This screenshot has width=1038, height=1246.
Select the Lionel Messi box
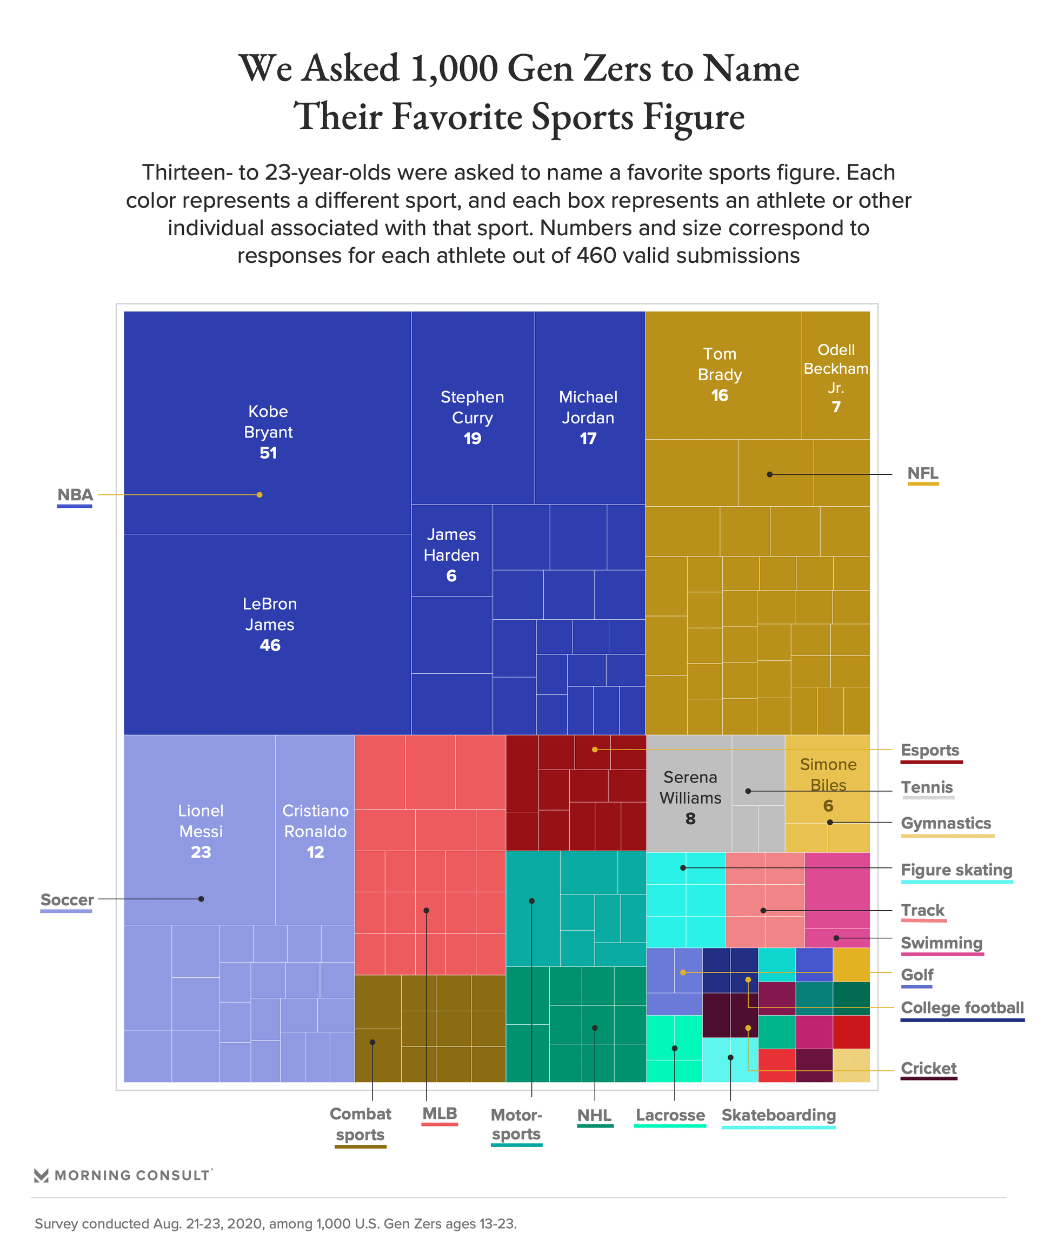click(201, 831)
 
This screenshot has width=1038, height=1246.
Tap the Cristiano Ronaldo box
click(315, 831)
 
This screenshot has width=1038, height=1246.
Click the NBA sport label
click(75, 495)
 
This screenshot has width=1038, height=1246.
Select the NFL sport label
click(922, 474)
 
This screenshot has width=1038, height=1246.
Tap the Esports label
click(929, 750)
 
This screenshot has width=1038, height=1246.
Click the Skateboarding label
click(778, 1115)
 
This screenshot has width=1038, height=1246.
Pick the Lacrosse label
click(670, 1115)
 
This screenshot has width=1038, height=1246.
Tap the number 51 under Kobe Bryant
click(268, 453)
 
